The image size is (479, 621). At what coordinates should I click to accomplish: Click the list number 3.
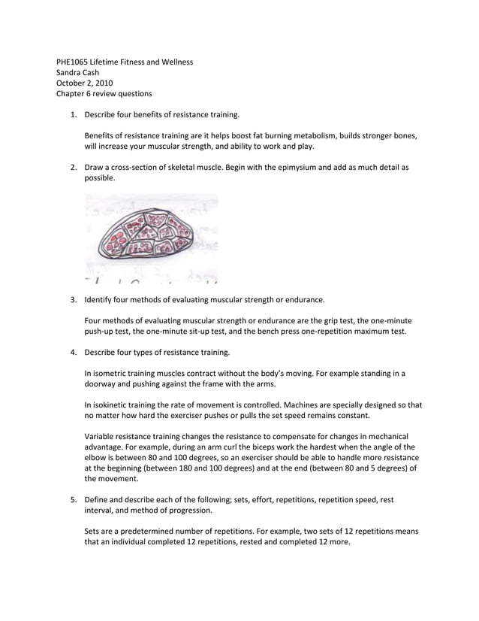pyautogui.click(x=74, y=299)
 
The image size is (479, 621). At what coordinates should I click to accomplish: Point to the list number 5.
pyautogui.click(x=74, y=499)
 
